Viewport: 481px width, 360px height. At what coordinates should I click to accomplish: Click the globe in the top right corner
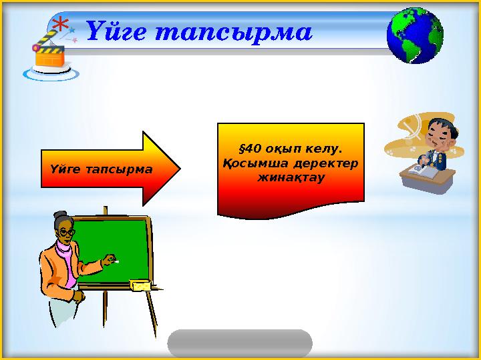click(x=415, y=35)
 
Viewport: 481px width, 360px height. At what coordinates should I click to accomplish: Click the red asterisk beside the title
click(x=61, y=26)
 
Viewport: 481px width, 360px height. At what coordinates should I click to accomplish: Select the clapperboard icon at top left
click(x=49, y=55)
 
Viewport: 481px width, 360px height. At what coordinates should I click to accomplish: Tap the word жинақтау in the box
click(x=291, y=178)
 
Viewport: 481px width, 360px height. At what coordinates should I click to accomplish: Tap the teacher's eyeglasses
click(x=66, y=232)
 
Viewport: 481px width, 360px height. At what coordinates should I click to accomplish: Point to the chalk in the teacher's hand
click(x=114, y=260)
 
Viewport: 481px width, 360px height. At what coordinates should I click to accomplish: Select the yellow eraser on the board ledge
click(x=142, y=285)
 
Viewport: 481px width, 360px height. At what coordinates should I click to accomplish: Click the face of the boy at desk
click(x=438, y=133)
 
